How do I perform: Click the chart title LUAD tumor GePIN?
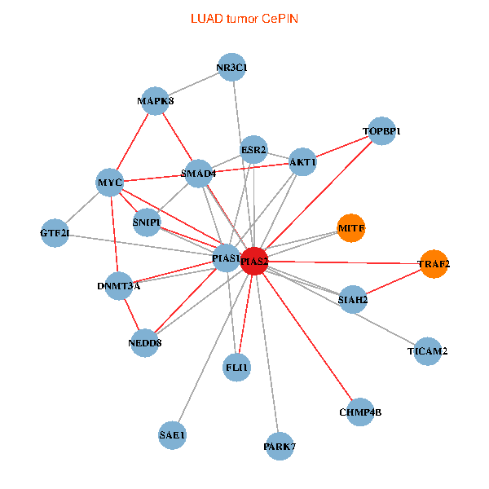pyautogui.click(x=244, y=18)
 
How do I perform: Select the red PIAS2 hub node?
pyautogui.click(x=254, y=261)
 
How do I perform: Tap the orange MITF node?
pyautogui.click(x=351, y=227)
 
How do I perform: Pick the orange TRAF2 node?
pyautogui.click(x=434, y=264)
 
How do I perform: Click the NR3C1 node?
pyautogui.click(x=232, y=68)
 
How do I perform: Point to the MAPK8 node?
pyautogui.click(x=155, y=101)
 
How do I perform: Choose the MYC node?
pyautogui.click(x=110, y=183)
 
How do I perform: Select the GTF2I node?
pyautogui.click(x=55, y=234)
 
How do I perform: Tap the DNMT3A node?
pyautogui.click(x=119, y=286)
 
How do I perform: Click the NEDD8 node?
pyautogui.click(x=145, y=343)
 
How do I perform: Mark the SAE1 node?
pyautogui.click(x=173, y=435)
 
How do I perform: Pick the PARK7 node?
pyautogui.click(x=280, y=446)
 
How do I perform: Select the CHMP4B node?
pyautogui.click(x=359, y=412)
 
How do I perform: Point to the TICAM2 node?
pyautogui.click(x=428, y=351)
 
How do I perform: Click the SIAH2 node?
pyautogui.click(x=353, y=300)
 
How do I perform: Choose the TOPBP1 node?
pyautogui.click(x=381, y=131)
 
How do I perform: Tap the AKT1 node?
pyautogui.click(x=302, y=162)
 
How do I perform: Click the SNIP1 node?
pyautogui.click(x=147, y=222)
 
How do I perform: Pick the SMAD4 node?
pyautogui.click(x=198, y=174)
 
